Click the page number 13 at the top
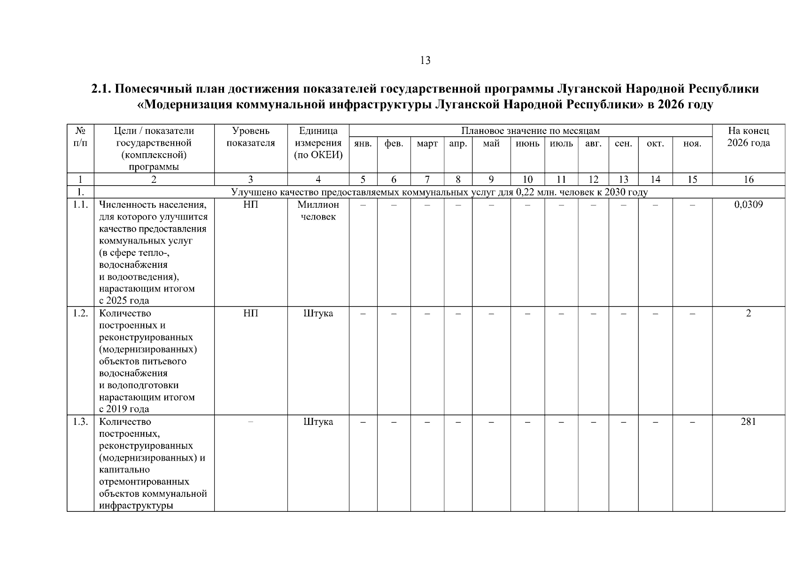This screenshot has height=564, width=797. (x=425, y=60)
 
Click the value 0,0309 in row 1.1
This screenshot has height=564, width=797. (x=748, y=204)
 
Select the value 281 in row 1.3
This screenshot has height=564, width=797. (x=748, y=422)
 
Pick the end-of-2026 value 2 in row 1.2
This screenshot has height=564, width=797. (x=748, y=313)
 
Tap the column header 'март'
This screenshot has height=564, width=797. (x=427, y=144)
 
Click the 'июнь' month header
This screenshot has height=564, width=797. (x=527, y=144)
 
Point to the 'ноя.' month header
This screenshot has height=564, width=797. (x=692, y=144)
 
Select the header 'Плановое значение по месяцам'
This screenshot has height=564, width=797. (x=530, y=131)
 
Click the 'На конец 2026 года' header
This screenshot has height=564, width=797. (x=748, y=137)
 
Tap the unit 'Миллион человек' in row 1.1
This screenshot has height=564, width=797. (x=318, y=211)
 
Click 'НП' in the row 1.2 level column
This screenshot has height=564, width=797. (x=250, y=313)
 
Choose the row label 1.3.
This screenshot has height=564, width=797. (x=80, y=422)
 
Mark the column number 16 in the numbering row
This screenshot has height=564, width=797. (x=748, y=179)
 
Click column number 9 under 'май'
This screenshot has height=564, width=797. (x=491, y=179)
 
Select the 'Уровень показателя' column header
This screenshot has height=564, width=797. (x=250, y=137)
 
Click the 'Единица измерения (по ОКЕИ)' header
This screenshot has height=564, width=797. (x=318, y=143)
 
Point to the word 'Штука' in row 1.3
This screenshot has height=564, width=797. (x=318, y=422)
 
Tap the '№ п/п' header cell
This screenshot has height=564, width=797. (x=80, y=137)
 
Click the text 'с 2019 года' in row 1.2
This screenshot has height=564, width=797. (x=124, y=409)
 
